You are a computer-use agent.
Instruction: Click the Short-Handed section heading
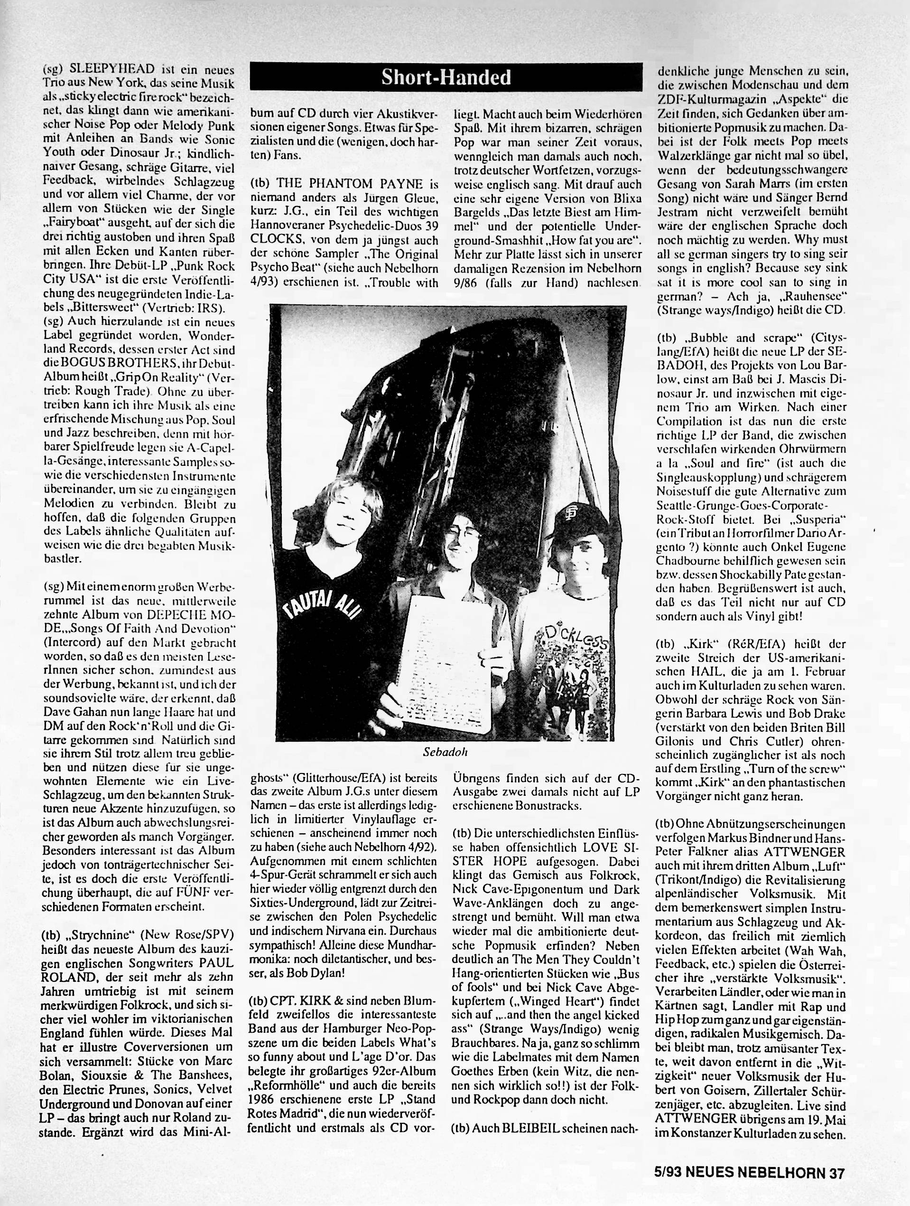pyautogui.click(x=446, y=78)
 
